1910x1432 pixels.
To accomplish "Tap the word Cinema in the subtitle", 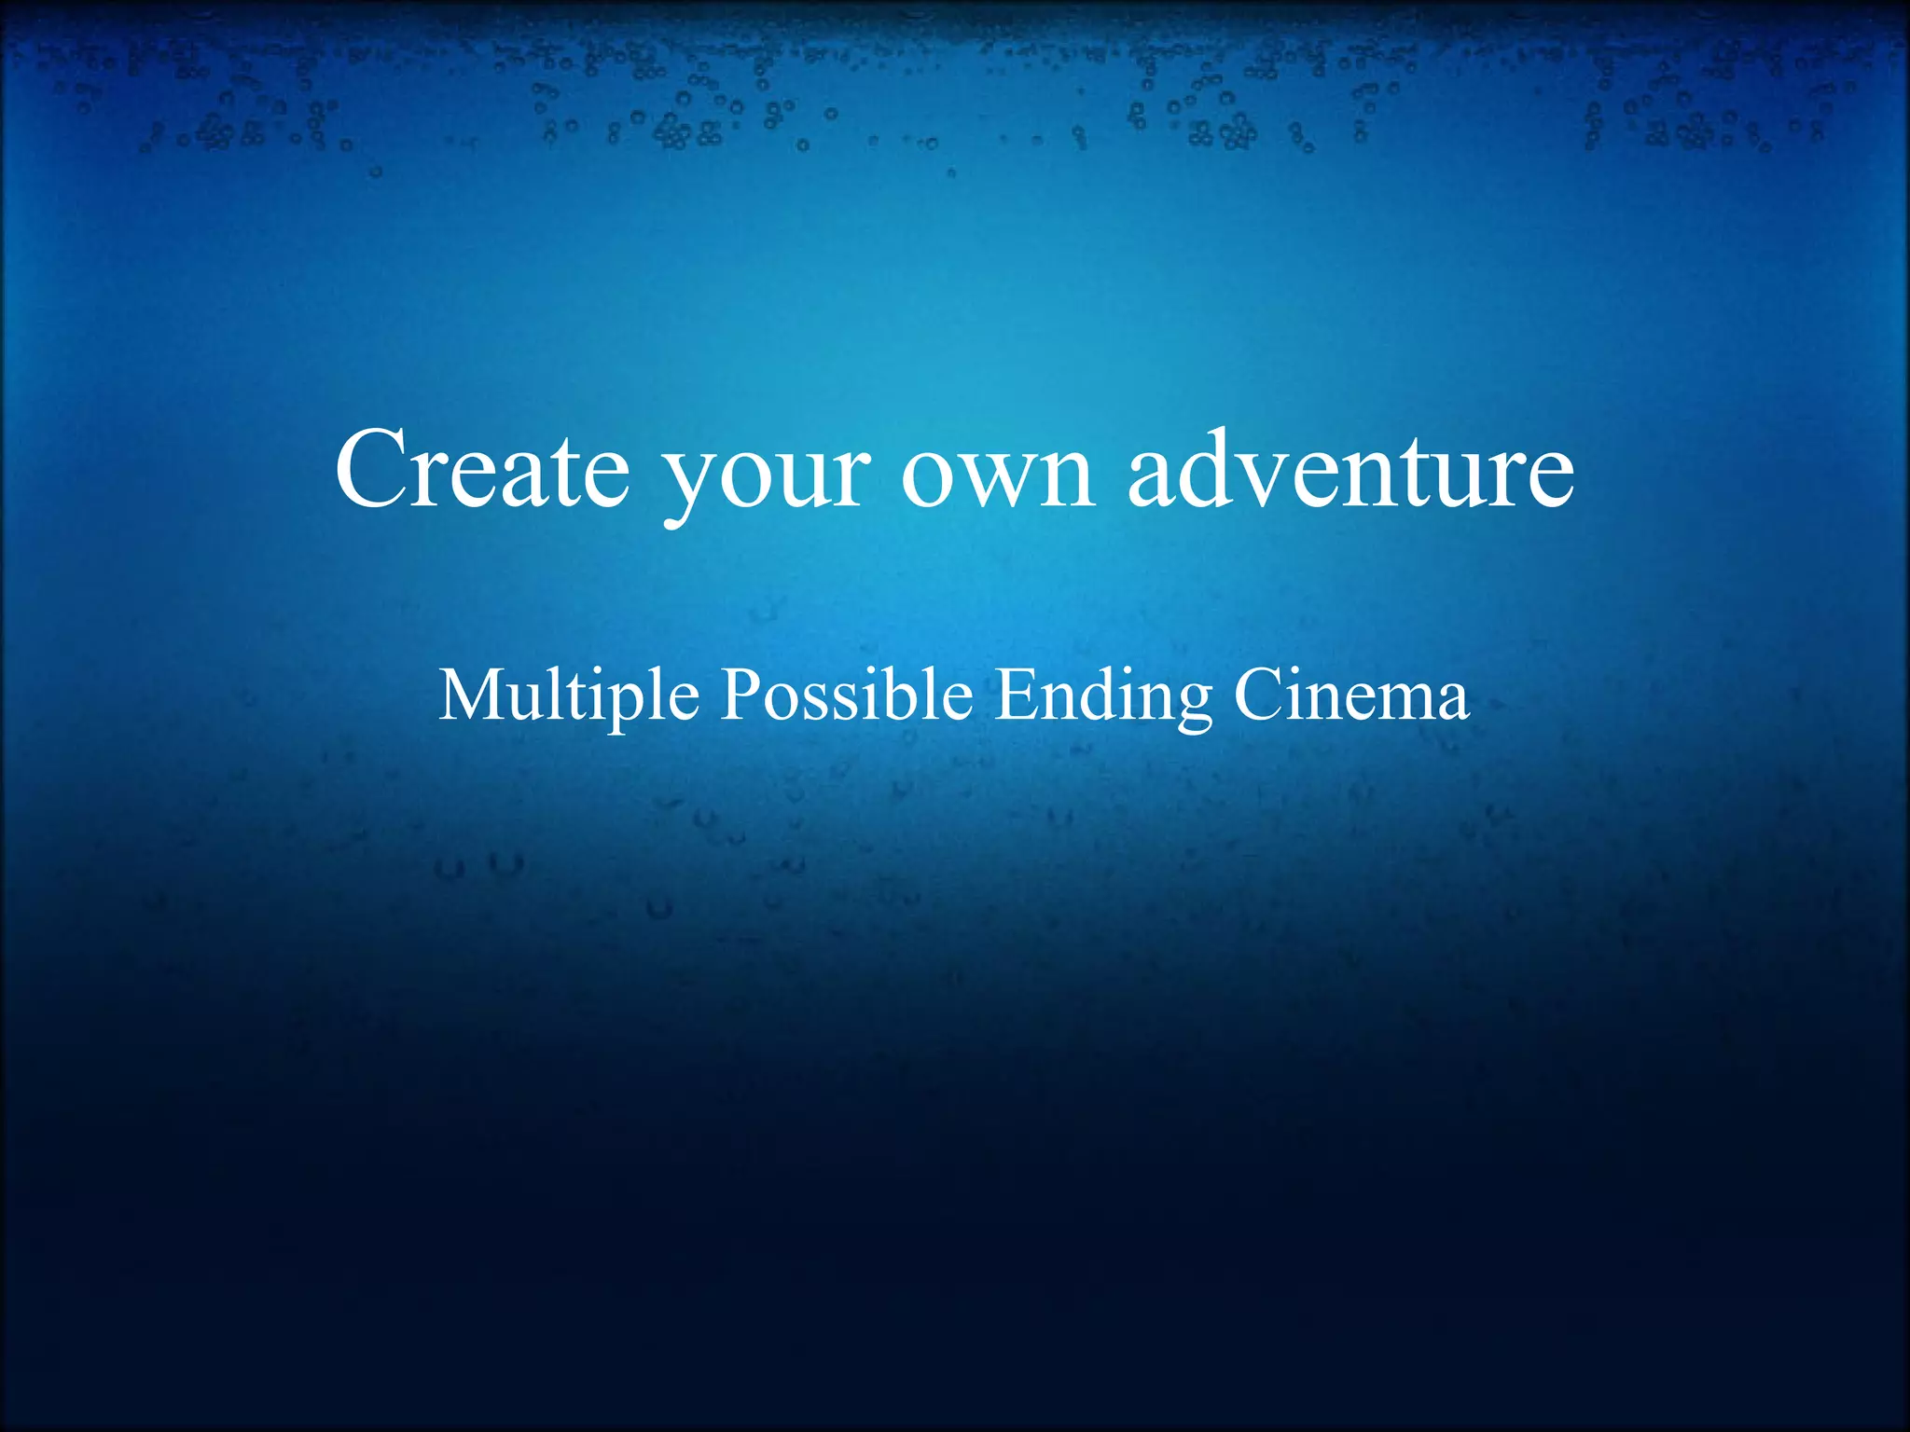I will tap(1351, 695).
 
